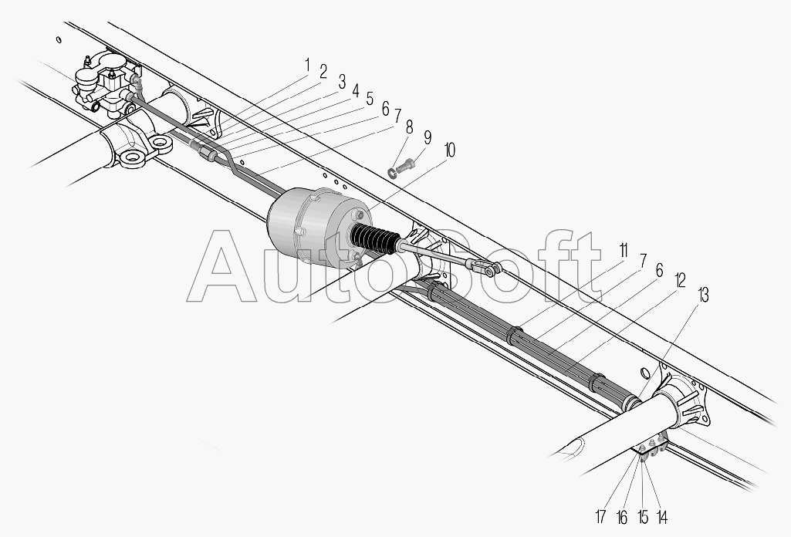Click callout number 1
[x=306, y=66]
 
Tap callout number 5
[x=370, y=99]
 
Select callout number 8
[x=409, y=127]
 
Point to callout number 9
[x=428, y=137]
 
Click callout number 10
[x=448, y=150]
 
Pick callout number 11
[x=623, y=250]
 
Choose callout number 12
[x=680, y=280]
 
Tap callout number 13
[x=703, y=296]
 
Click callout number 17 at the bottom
[x=600, y=517]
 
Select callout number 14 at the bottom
[x=662, y=517]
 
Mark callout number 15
[x=643, y=517]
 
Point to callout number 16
[x=621, y=517]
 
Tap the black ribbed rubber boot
[x=376, y=238]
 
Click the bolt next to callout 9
[x=405, y=165]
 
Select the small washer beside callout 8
[x=392, y=174]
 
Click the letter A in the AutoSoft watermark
[x=222, y=266]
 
